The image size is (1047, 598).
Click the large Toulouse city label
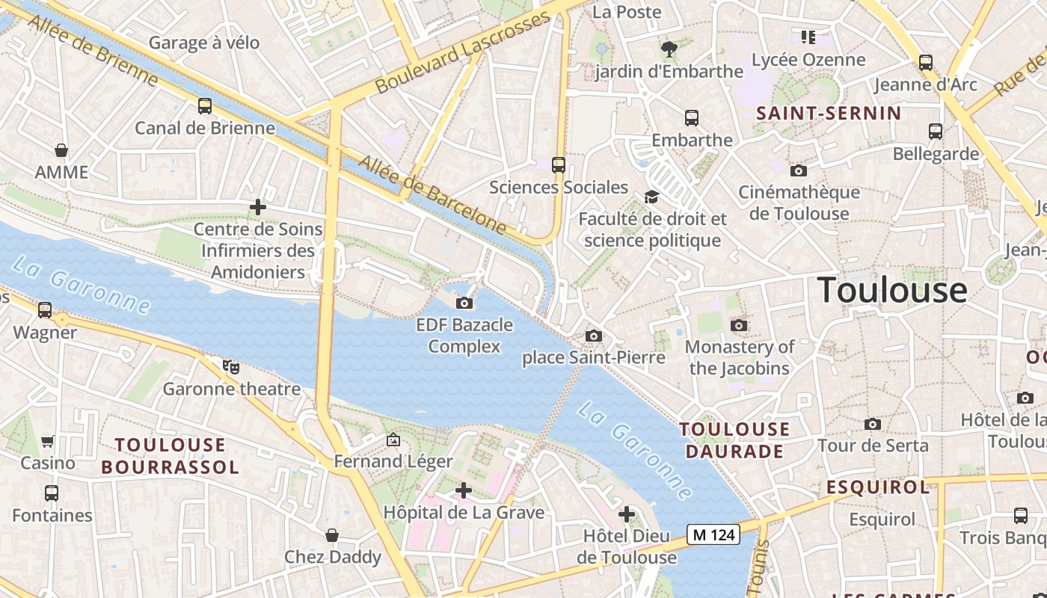point(892,290)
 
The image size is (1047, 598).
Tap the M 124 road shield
point(713,534)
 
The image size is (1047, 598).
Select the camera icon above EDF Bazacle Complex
point(464,303)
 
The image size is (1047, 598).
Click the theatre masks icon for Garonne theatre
point(231,366)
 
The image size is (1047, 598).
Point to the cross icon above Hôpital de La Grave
point(464,490)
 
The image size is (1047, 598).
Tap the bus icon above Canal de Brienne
point(205,106)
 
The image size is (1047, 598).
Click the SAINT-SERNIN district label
point(829,114)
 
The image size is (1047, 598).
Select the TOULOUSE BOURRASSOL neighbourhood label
point(170,456)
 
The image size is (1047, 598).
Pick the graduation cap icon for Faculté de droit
point(652,197)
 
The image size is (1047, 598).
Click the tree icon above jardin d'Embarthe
point(669,49)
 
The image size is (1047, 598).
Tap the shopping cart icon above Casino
point(48,441)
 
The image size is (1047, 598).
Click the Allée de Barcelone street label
point(432,193)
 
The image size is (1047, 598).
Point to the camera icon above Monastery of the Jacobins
point(739,325)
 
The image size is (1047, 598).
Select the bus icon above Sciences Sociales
point(558,165)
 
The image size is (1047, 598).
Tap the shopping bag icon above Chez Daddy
point(332,535)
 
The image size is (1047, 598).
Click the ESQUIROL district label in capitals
point(878,487)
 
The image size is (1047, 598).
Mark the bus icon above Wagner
point(45,310)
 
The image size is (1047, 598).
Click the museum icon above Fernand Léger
point(393,440)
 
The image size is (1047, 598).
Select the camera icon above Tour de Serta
point(872,424)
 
